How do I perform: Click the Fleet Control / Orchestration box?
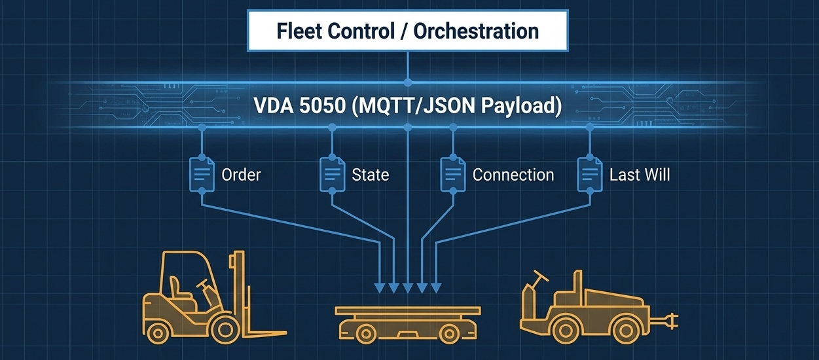pos(408,31)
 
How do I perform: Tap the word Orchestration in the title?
pos(476,31)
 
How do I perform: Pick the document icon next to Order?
pos(202,174)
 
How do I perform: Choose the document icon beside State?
pos(333,174)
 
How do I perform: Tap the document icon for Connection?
pos(453,174)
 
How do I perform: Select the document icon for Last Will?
pos(590,174)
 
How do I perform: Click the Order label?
pos(241,175)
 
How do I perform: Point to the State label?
pos(371,175)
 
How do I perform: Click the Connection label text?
pos(513,175)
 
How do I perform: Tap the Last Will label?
pos(640,175)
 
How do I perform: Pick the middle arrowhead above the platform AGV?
pos(408,288)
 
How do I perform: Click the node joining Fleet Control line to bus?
pos(408,82)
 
